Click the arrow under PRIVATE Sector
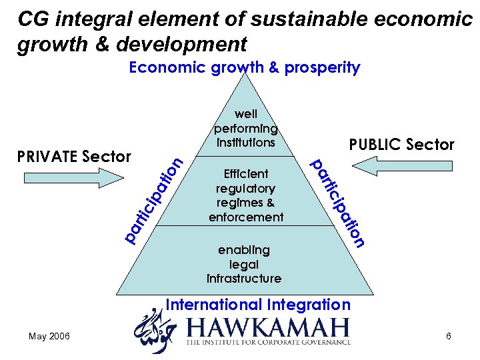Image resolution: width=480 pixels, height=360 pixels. pos(73,177)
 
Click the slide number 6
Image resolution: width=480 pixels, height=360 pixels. pos(449,336)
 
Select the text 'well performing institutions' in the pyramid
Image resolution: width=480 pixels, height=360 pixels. pos(245,128)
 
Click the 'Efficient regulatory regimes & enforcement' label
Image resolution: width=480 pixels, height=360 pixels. pos(245,195)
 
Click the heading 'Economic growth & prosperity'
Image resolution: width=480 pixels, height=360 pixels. pos(244,67)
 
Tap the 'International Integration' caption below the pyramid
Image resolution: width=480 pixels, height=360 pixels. pos(257,305)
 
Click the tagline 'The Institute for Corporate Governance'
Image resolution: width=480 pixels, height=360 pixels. pos(268,342)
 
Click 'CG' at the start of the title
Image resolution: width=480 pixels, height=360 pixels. pos(31,19)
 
